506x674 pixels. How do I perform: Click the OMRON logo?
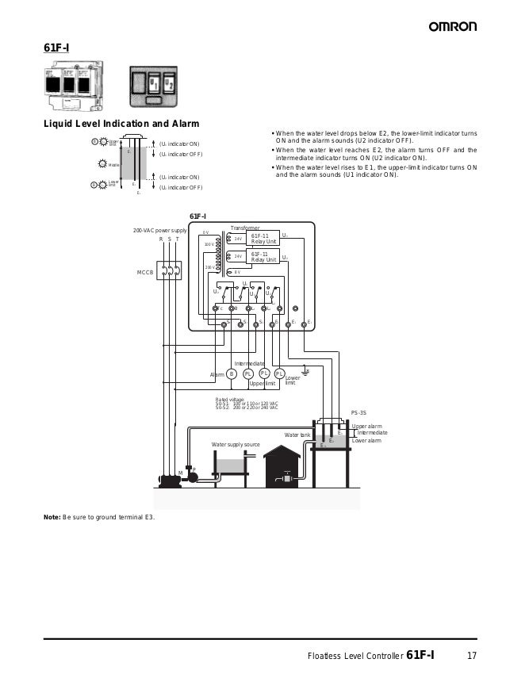click(452, 27)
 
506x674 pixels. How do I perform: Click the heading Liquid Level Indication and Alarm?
click(121, 124)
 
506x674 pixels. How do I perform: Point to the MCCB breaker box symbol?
click(169, 271)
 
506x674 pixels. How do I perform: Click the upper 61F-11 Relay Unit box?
click(263, 239)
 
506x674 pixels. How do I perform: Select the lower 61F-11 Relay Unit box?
click(263, 257)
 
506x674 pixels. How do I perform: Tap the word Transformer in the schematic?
click(245, 228)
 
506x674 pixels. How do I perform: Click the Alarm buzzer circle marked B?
click(232, 373)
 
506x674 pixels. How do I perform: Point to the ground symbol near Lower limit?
click(308, 370)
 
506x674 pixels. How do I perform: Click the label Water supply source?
click(236, 445)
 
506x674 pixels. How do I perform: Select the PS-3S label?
click(358, 413)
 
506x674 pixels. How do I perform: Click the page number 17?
click(471, 656)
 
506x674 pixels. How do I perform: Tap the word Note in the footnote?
click(52, 517)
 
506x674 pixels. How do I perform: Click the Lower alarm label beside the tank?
click(366, 440)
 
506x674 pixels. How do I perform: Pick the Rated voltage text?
click(230, 400)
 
